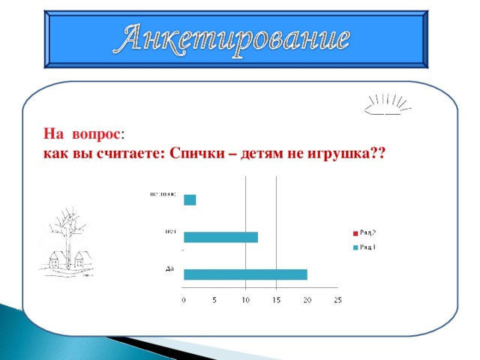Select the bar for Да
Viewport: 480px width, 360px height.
coord(245,274)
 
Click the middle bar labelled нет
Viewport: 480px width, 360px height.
coord(220,237)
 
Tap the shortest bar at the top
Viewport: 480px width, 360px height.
coord(190,199)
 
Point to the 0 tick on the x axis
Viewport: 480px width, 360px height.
coord(184,301)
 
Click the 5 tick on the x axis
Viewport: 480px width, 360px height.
coord(215,301)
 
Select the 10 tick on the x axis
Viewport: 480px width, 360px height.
coord(245,301)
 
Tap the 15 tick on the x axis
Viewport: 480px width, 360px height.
coord(276,301)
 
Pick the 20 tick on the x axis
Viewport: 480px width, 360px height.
coord(307,301)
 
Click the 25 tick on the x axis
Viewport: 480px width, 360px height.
coord(337,301)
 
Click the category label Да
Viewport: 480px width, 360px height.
coord(170,268)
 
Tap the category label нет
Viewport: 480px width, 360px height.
coord(170,231)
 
